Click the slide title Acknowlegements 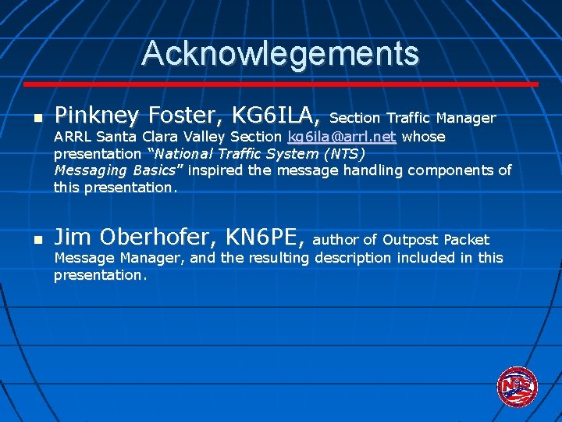click(x=280, y=54)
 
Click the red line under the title click(x=280, y=84)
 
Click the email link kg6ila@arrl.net click(x=342, y=137)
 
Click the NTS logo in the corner click(x=517, y=385)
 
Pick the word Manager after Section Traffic click(x=465, y=118)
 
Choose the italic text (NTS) click(x=341, y=153)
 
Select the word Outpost click(x=411, y=240)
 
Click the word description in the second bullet click(x=350, y=257)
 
